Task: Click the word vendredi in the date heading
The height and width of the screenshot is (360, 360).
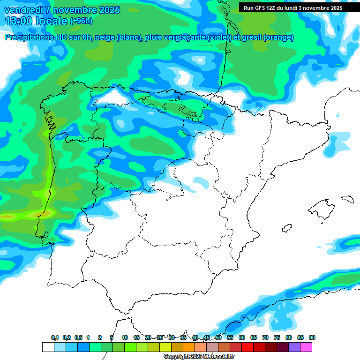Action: pos(23,10)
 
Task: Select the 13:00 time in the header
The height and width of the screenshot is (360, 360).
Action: pos(19,21)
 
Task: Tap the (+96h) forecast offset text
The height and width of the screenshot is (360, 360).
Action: pos(81,21)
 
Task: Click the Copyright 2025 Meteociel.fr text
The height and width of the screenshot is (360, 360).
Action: pos(199,357)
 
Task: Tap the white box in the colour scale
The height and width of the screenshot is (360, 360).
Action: pos(48,347)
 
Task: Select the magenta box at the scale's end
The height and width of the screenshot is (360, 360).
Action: pos(306,347)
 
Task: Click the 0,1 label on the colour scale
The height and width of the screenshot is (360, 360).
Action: pos(55,338)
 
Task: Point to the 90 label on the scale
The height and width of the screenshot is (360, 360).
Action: pos(312,338)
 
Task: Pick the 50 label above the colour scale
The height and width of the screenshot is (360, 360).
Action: pos(218,338)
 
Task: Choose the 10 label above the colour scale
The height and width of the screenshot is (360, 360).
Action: pos(125,338)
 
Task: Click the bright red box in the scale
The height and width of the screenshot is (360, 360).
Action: pos(247,347)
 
